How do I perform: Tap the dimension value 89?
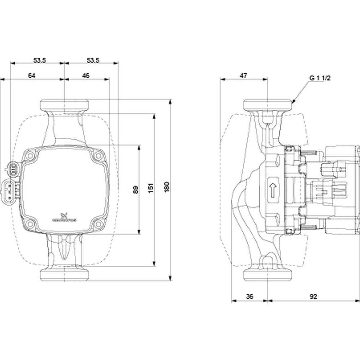(x=136, y=190)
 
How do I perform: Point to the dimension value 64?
(x=32, y=76)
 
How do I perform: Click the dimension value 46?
(x=86, y=76)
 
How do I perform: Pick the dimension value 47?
(x=243, y=76)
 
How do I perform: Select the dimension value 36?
(x=249, y=297)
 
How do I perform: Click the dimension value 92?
(x=313, y=297)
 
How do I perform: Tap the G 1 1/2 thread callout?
(x=320, y=78)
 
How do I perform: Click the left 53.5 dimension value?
(x=39, y=60)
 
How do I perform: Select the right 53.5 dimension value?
(x=93, y=60)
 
